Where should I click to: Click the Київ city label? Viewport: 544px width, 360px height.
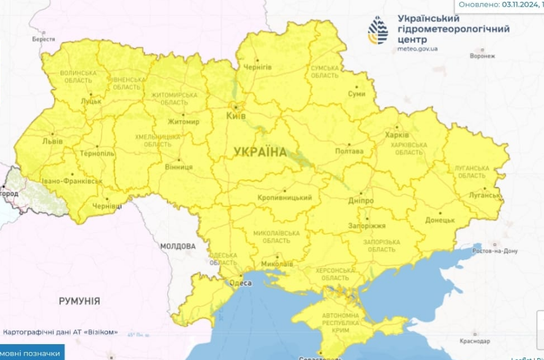pyautogui.click(x=236, y=116)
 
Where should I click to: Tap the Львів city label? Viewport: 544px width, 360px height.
pyautogui.click(x=51, y=141)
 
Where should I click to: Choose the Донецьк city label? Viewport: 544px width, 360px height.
pyautogui.click(x=439, y=220)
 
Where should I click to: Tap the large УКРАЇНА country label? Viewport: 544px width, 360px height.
pyautogui.click(x=260, y=152)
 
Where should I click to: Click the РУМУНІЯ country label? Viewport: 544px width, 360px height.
pyautogui.click(x=80, y=301)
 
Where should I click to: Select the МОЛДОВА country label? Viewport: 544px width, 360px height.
pyautogui.click(x=178, y=246)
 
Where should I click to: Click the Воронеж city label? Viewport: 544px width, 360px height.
pyautogui.click(x=482, y=56)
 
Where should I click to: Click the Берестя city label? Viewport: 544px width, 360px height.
pyautogui.click(x=43, y=39)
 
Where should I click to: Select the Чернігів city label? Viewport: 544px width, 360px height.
pyautogui.click(x=257, y=67)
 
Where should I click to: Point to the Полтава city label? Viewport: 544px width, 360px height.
pyautogui.click(x=349, y=151)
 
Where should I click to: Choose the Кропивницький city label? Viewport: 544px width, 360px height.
pyautogui.click(x=284, y=198)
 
